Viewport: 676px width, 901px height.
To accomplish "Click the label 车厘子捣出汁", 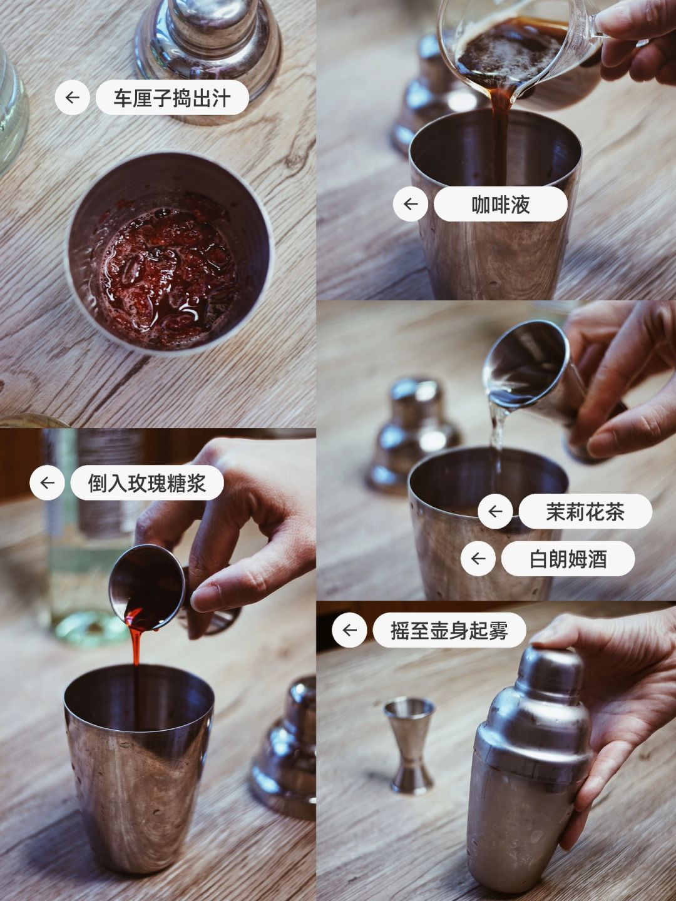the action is (172, 98).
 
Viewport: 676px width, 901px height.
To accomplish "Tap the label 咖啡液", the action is (500, 204).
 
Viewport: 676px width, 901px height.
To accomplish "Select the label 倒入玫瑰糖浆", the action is (147, 482).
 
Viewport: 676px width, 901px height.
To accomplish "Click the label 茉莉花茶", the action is (585, 511).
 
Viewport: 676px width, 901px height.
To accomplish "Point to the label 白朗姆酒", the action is (568, 559).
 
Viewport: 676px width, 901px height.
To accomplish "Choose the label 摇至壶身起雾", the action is (449, 630).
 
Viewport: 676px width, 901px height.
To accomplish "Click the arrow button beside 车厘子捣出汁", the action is (73, 98).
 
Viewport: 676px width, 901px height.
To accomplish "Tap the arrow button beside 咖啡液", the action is (411, 204).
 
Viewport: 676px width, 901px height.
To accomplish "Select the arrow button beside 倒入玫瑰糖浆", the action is (47, 482).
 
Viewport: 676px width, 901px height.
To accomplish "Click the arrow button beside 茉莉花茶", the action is (495, 511).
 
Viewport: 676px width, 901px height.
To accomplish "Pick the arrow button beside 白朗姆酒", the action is (478, 559).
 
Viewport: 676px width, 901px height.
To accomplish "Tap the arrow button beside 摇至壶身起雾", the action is (349, 630).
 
